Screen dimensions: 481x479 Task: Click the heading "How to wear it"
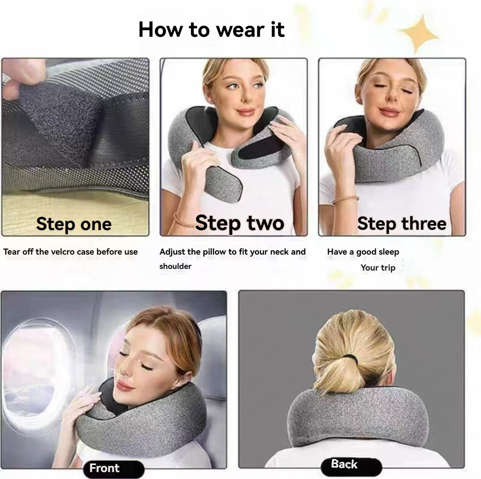(x=211, y=29)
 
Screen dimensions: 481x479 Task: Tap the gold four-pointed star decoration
(x=419, y=34)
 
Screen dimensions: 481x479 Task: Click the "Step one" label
(x=73, y=224)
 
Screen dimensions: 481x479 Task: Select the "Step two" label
(x=239, y=223)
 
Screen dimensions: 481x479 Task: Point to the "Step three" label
(x=401, y=224)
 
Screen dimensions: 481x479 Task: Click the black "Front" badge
(x=114, y=469)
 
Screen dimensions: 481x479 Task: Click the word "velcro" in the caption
(x=62, y=252)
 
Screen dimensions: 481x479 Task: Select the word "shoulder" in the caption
(x=175, y=266)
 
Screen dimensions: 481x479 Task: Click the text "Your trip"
(x=378, y=268)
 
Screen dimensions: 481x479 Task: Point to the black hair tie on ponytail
(x=352, y=358)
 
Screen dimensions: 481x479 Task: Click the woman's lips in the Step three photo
(x=389, y=112)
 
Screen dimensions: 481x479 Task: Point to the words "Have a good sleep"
(x=363, y=252)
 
